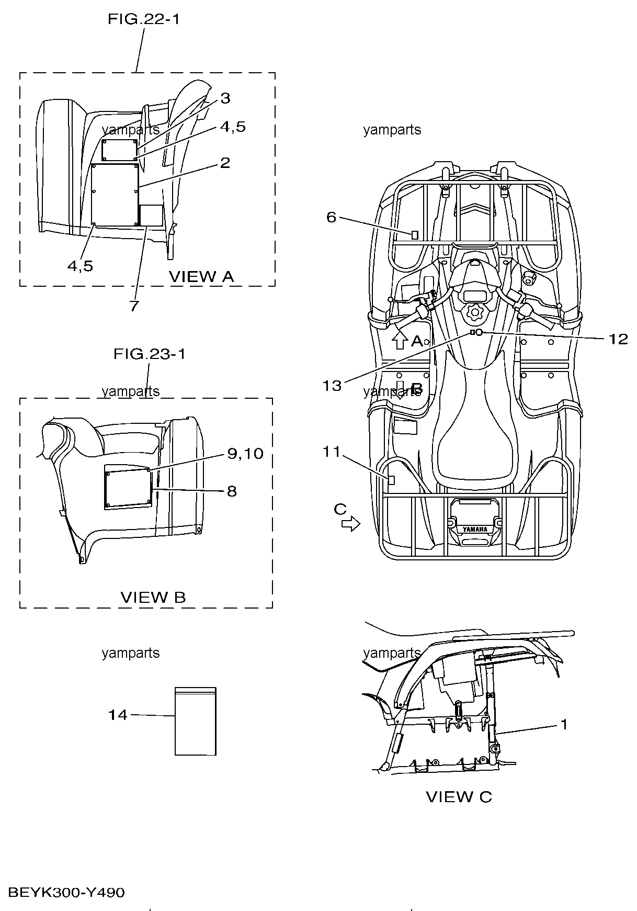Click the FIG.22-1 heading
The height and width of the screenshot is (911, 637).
[x=143, y=19]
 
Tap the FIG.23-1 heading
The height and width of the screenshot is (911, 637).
[x=150, y=354]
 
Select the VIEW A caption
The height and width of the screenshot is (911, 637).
[x=201, y=277]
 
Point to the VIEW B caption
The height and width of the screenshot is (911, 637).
[x=153, y=598]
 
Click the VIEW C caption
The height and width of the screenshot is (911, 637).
[x=459, y=797]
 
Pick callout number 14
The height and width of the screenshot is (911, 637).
[x=118, y=715]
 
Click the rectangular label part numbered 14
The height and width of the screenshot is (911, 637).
[x=195, y=721]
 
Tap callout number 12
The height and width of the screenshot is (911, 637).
[x=618, y=339]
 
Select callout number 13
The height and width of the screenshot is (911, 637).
[x=332, y=386]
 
